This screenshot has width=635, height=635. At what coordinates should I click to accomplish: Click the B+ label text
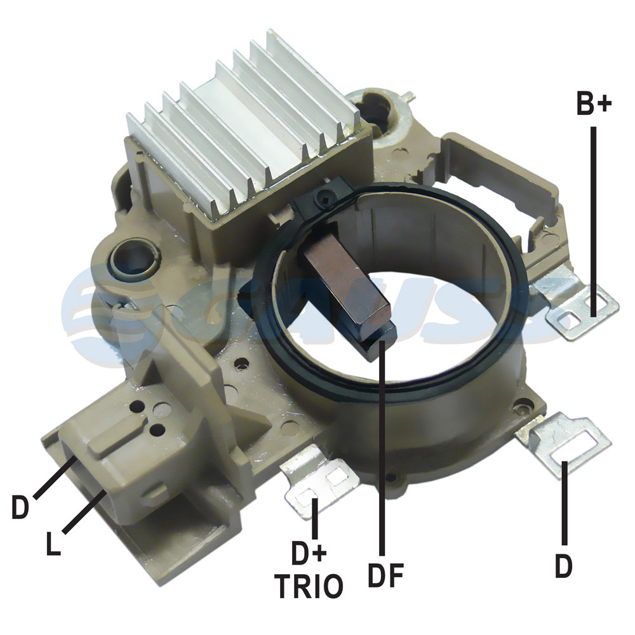[594, 104]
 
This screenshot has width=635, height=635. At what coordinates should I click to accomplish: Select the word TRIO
[309, 585]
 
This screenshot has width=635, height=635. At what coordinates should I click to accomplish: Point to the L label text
[53, 543]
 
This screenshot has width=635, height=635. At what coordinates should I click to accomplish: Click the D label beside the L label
[20, 506]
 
